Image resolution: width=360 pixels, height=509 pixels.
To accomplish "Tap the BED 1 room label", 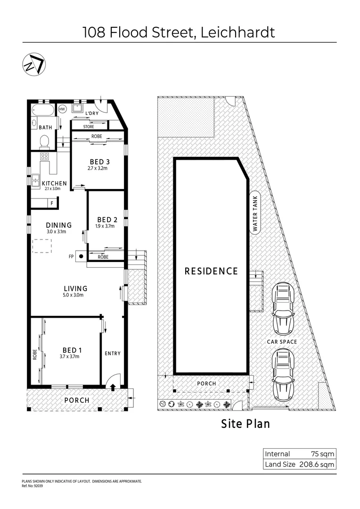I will (72, 350).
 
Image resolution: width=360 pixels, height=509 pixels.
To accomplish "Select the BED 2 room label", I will (107, 220).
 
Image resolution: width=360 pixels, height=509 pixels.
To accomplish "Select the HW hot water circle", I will (62, 109).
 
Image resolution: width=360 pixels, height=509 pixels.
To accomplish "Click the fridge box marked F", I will (52, 203).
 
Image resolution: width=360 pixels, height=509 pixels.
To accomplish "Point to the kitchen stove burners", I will (45, 156).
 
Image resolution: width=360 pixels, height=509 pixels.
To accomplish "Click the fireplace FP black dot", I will (81, 257).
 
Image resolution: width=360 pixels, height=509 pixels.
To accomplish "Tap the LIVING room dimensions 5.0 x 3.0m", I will (75, 296).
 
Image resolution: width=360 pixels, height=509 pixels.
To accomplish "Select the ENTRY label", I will (112, 353).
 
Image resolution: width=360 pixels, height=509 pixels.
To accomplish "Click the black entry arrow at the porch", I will (113, 387).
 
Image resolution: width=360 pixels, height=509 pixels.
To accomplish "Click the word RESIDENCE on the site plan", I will (211, 271).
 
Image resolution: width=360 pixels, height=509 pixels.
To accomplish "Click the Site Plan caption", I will (245, 424).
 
